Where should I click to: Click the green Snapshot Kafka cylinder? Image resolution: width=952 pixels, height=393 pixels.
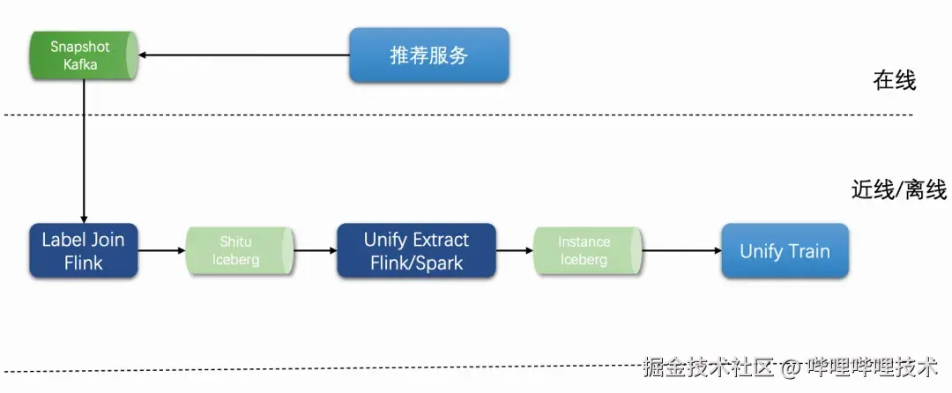[x=83, y=55]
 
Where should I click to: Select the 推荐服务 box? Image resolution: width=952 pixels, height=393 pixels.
[x=429, y=56]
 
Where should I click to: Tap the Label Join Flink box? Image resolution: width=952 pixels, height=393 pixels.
[x=83, y=251]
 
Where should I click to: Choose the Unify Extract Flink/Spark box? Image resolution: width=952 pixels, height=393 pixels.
[x=416, y=251]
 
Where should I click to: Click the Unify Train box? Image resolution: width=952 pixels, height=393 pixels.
[x=785, y=251]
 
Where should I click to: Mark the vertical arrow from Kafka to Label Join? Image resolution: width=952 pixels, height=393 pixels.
[x=84, y=150]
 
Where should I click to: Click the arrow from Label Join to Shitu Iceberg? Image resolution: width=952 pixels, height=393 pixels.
[x=161, y=251]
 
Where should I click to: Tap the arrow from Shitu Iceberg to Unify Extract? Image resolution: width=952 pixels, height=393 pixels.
[x=315, y=251]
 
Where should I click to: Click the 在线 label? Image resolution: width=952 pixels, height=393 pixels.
[x=895, y=81]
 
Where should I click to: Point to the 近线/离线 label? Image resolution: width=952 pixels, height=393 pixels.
[x=898, y=189]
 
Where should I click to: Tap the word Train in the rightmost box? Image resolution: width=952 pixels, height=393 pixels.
[x=808, y=251]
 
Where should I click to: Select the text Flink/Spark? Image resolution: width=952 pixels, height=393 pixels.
[x=416, y=263]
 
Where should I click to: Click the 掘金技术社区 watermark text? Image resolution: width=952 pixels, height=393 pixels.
[x=708, y=367]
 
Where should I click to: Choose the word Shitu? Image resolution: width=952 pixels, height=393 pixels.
[x=236, y=241]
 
